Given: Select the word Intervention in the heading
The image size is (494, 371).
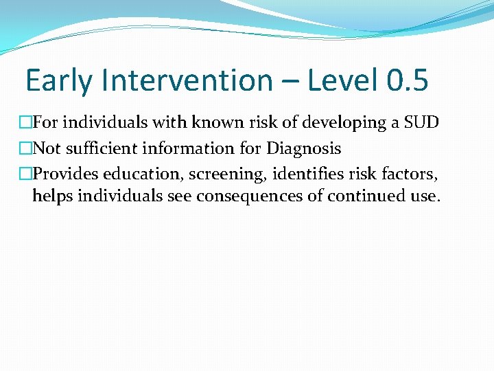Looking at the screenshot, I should point(187,80).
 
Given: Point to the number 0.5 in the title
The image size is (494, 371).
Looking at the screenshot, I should point(407,80).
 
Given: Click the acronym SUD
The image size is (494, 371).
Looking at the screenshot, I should point(420,123).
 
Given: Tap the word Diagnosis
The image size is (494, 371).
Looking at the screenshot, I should point(304,148).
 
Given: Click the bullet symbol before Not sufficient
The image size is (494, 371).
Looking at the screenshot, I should point(25,148).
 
